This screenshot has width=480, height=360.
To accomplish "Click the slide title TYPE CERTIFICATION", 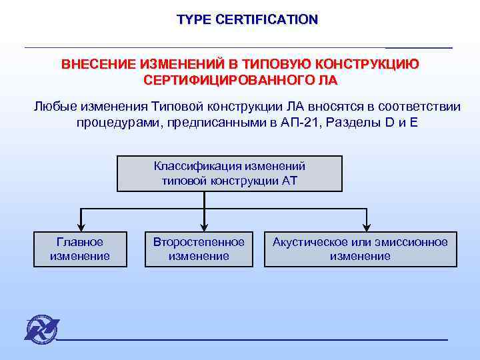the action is point(247,20).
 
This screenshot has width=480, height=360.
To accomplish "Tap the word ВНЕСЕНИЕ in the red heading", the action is point(99,65).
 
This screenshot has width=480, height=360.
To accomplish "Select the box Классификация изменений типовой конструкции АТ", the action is point(230,173).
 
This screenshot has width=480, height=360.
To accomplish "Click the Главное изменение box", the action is point(80,249).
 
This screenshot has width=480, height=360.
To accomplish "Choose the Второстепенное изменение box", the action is point(199,249).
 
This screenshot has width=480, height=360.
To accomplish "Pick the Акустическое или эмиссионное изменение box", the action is point(360,249).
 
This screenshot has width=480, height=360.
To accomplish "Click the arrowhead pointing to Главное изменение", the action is point(81,225).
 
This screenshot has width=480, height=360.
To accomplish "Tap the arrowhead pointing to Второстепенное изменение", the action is point(204,225).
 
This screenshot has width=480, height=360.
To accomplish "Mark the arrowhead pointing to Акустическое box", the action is point(366,225).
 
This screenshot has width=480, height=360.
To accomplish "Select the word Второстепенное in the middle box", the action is point(199,242).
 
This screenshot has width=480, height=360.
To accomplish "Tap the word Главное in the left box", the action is point(80,242).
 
